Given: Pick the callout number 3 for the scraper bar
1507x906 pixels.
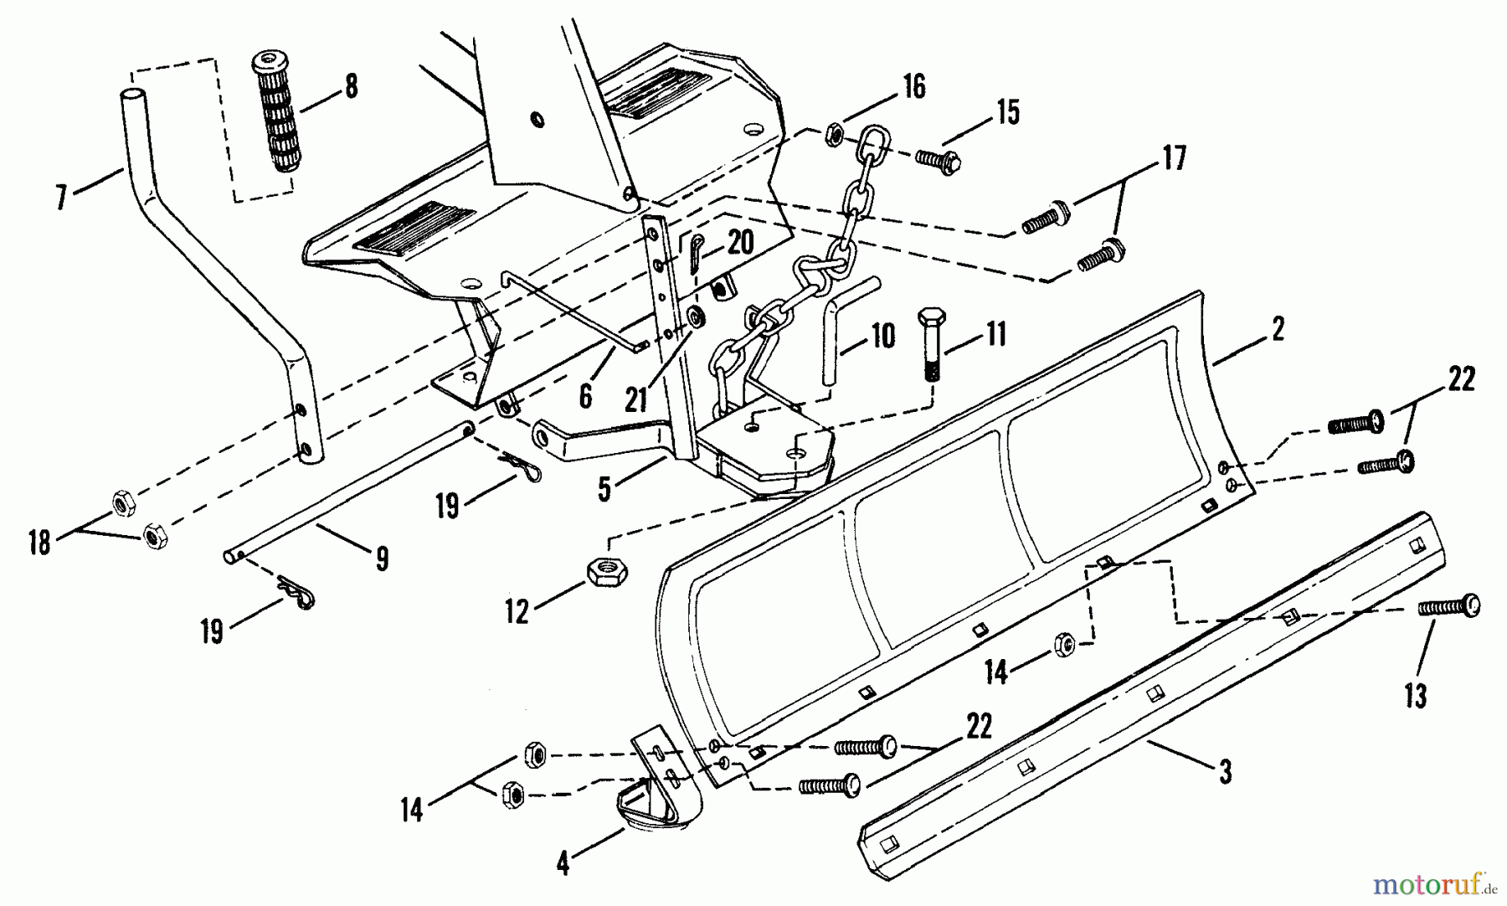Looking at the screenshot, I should (x=1225, y=771).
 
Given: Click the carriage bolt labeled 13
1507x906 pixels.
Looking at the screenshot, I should (x=1450, y=606).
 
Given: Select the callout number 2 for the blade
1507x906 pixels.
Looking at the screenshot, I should (x=1277, y=330).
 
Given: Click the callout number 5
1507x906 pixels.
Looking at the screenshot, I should (x=605, y=490).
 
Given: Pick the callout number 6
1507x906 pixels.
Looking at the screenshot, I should (x=584, y=396).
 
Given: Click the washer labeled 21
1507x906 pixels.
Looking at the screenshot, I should (x=697, y=318).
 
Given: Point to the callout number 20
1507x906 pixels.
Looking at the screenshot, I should (x=740, y=243).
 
